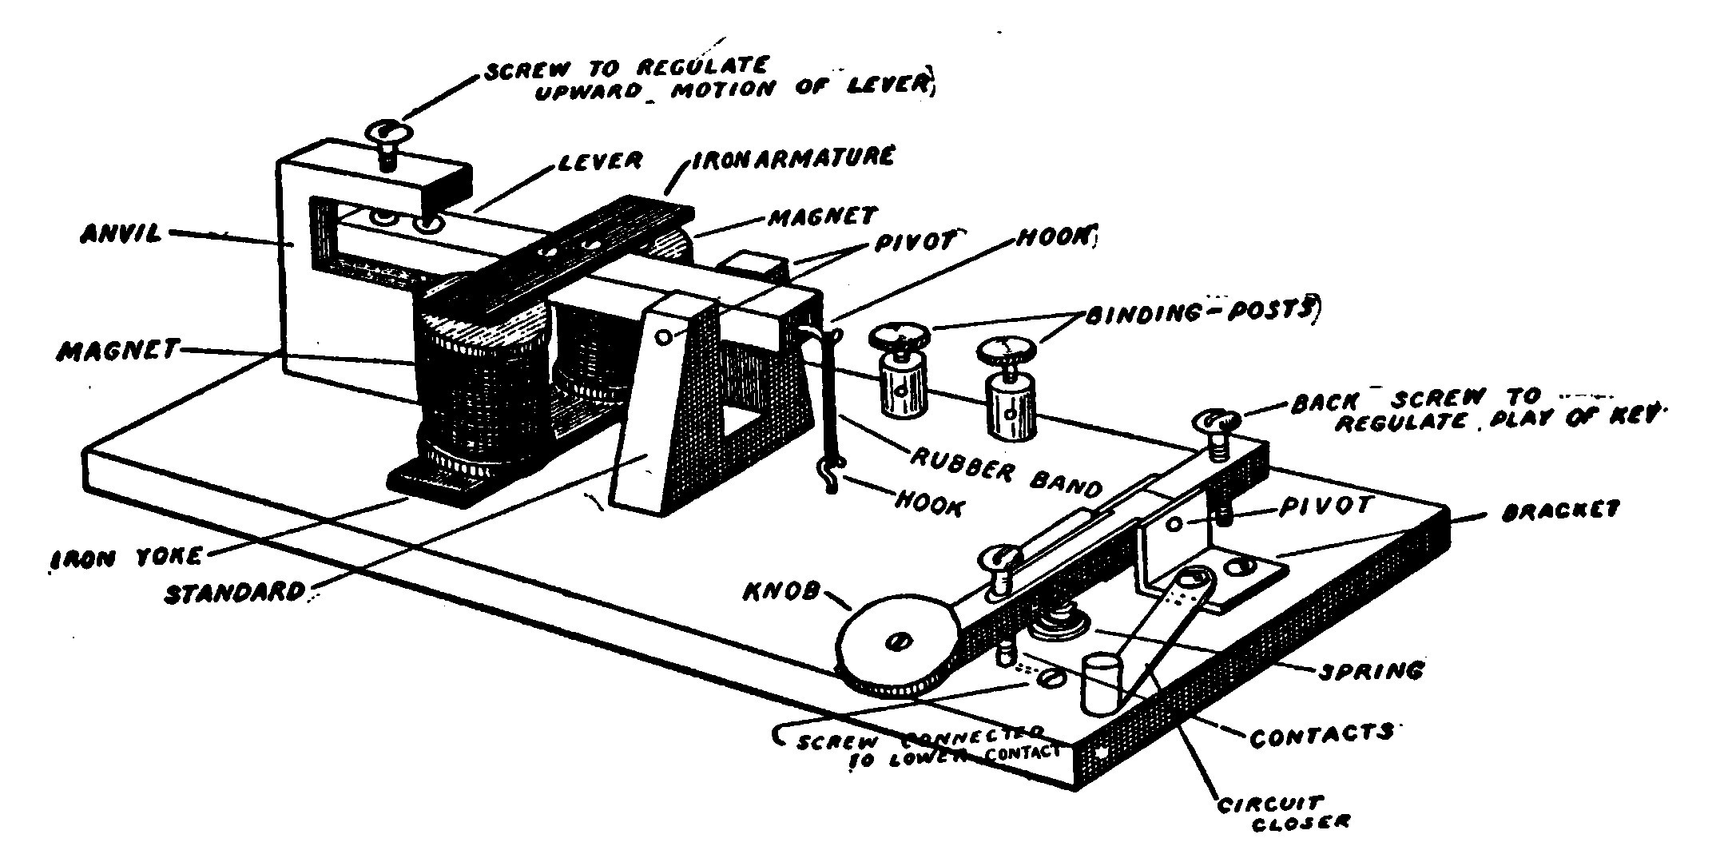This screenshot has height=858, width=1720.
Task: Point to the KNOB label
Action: [x=784, y=592]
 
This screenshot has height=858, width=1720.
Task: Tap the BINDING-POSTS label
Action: [x=1198, y=312]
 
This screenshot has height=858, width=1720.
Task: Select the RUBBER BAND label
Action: [x=1007, y=471]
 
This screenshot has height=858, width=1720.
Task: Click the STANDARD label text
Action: [x=236, y=592]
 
